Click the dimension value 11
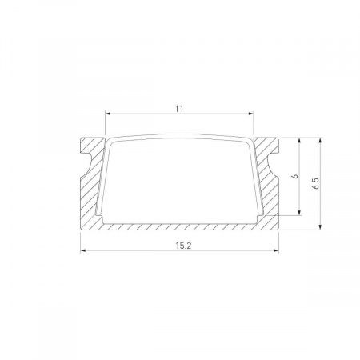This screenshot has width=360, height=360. click(180, 105)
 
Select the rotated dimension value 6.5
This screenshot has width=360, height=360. click(317, 183)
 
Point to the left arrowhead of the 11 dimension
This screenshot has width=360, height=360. click(108, 113)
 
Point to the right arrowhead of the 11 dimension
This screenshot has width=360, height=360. click(252, 113)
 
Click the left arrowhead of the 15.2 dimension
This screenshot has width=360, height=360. click(83, 252)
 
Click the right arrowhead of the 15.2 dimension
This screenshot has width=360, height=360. click(277, 252)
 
